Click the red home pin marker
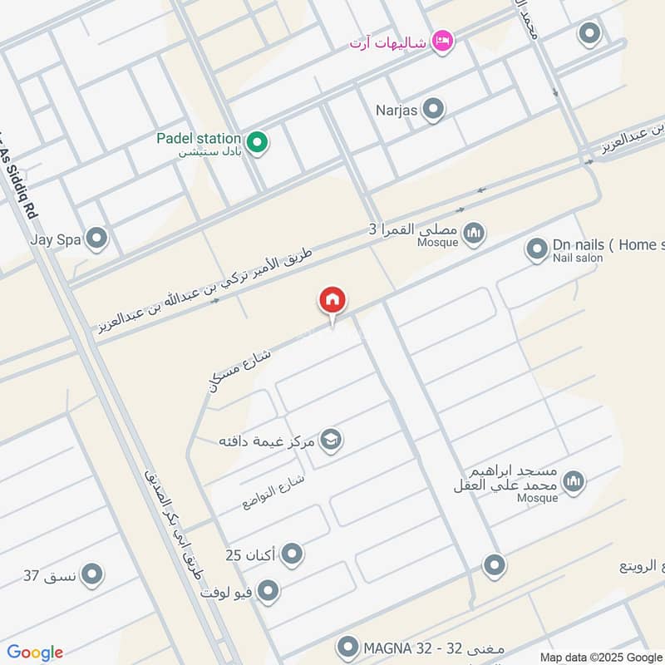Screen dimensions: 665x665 [x=332, y=301]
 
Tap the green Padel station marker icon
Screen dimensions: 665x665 [x=258, y=143]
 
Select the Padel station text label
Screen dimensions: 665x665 [x=199, y=138]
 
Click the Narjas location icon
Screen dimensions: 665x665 [x=432, y=108]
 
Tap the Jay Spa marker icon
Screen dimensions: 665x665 [x=97, y=239]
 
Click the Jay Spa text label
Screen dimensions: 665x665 [x=55, y=239]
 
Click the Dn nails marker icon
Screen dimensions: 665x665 [x=536, y=249]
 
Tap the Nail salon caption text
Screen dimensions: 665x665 [x=578, y=259]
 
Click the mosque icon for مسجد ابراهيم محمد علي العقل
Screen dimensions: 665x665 [x=573, y=481]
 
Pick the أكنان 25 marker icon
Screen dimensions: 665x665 [x=292, y=554]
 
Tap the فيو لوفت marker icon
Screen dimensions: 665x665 [x=268, y=591]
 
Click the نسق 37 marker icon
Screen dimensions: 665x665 [x=91, y=574]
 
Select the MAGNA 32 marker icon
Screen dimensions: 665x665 [x=348, y=646]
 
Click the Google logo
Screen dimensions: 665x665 [x=35, y=653]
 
